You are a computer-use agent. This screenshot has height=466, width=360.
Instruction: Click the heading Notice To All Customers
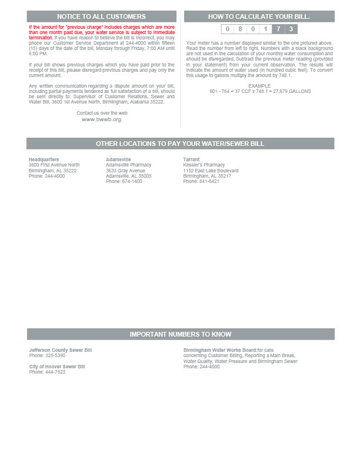pos(102,16)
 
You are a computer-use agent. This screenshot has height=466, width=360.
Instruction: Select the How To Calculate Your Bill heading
pos(259,16)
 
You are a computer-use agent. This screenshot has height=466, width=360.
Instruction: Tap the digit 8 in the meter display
pos(240,29)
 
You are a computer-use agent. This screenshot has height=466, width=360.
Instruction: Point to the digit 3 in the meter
pos(291,29)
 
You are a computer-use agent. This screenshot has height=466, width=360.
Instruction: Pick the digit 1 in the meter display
pos(265,29)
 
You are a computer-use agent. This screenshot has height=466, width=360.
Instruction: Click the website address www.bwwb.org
pos(102,119)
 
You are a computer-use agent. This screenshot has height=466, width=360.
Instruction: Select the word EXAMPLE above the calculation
pos(259,86)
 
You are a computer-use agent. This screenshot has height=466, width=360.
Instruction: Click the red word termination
pos(41,38)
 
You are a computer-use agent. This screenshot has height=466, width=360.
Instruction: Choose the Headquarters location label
pos(44,159)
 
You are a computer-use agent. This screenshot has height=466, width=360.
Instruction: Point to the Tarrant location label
pos(191,159)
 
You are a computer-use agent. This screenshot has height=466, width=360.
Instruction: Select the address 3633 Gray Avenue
pos(125,171)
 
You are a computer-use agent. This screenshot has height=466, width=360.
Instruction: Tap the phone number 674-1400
pos(132,181)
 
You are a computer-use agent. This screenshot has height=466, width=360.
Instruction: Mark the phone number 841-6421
pos(209,181)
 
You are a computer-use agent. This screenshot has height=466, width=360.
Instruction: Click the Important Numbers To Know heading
pos(181,334)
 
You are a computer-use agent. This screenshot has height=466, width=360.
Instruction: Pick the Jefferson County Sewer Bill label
pos(61,350)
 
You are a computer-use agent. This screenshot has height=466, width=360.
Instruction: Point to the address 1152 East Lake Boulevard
pos(211,171)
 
